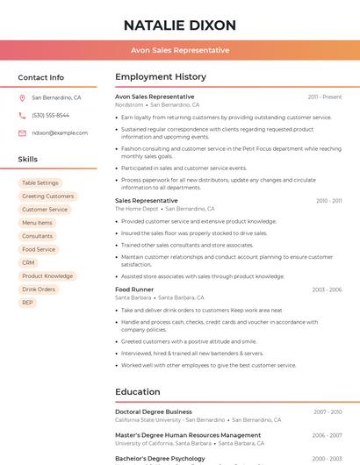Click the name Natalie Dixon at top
(x=180, y=25)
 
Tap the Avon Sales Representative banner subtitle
(x=180, y=50)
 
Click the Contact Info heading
(x=41, y=77)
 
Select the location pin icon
(x=22, y=98)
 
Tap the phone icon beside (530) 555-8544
(x=22, y=116)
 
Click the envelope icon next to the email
(x=22, y=133)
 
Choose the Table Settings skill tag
(x=40, y=183)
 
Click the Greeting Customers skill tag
(x=47, y=197)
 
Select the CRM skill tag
(x=29, y=262)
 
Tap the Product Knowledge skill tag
(x=47, y=275)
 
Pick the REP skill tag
(x=28, y=303)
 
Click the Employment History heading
(x=161, y=77)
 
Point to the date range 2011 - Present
(x=325, y=97)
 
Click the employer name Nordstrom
(x=129, y=104)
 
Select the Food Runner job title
(x=134, y=290)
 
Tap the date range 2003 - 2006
(x=327, y=290)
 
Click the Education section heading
(x=138, y=392)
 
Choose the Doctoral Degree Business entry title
(x=154, y=411)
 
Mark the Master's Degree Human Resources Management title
(x=188, y=435)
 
